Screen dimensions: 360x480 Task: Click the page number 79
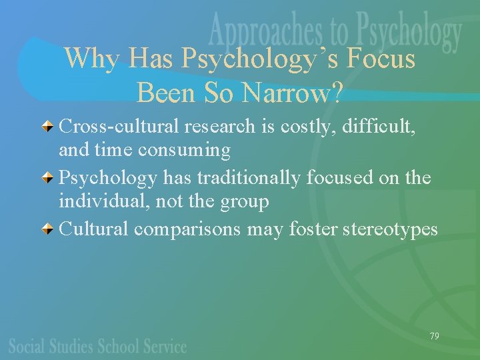pos(434,336)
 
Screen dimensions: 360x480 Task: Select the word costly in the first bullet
pos(308,125)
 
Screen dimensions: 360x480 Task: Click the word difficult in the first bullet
pos(379,125)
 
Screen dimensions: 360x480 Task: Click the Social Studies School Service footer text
pos(97,346)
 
